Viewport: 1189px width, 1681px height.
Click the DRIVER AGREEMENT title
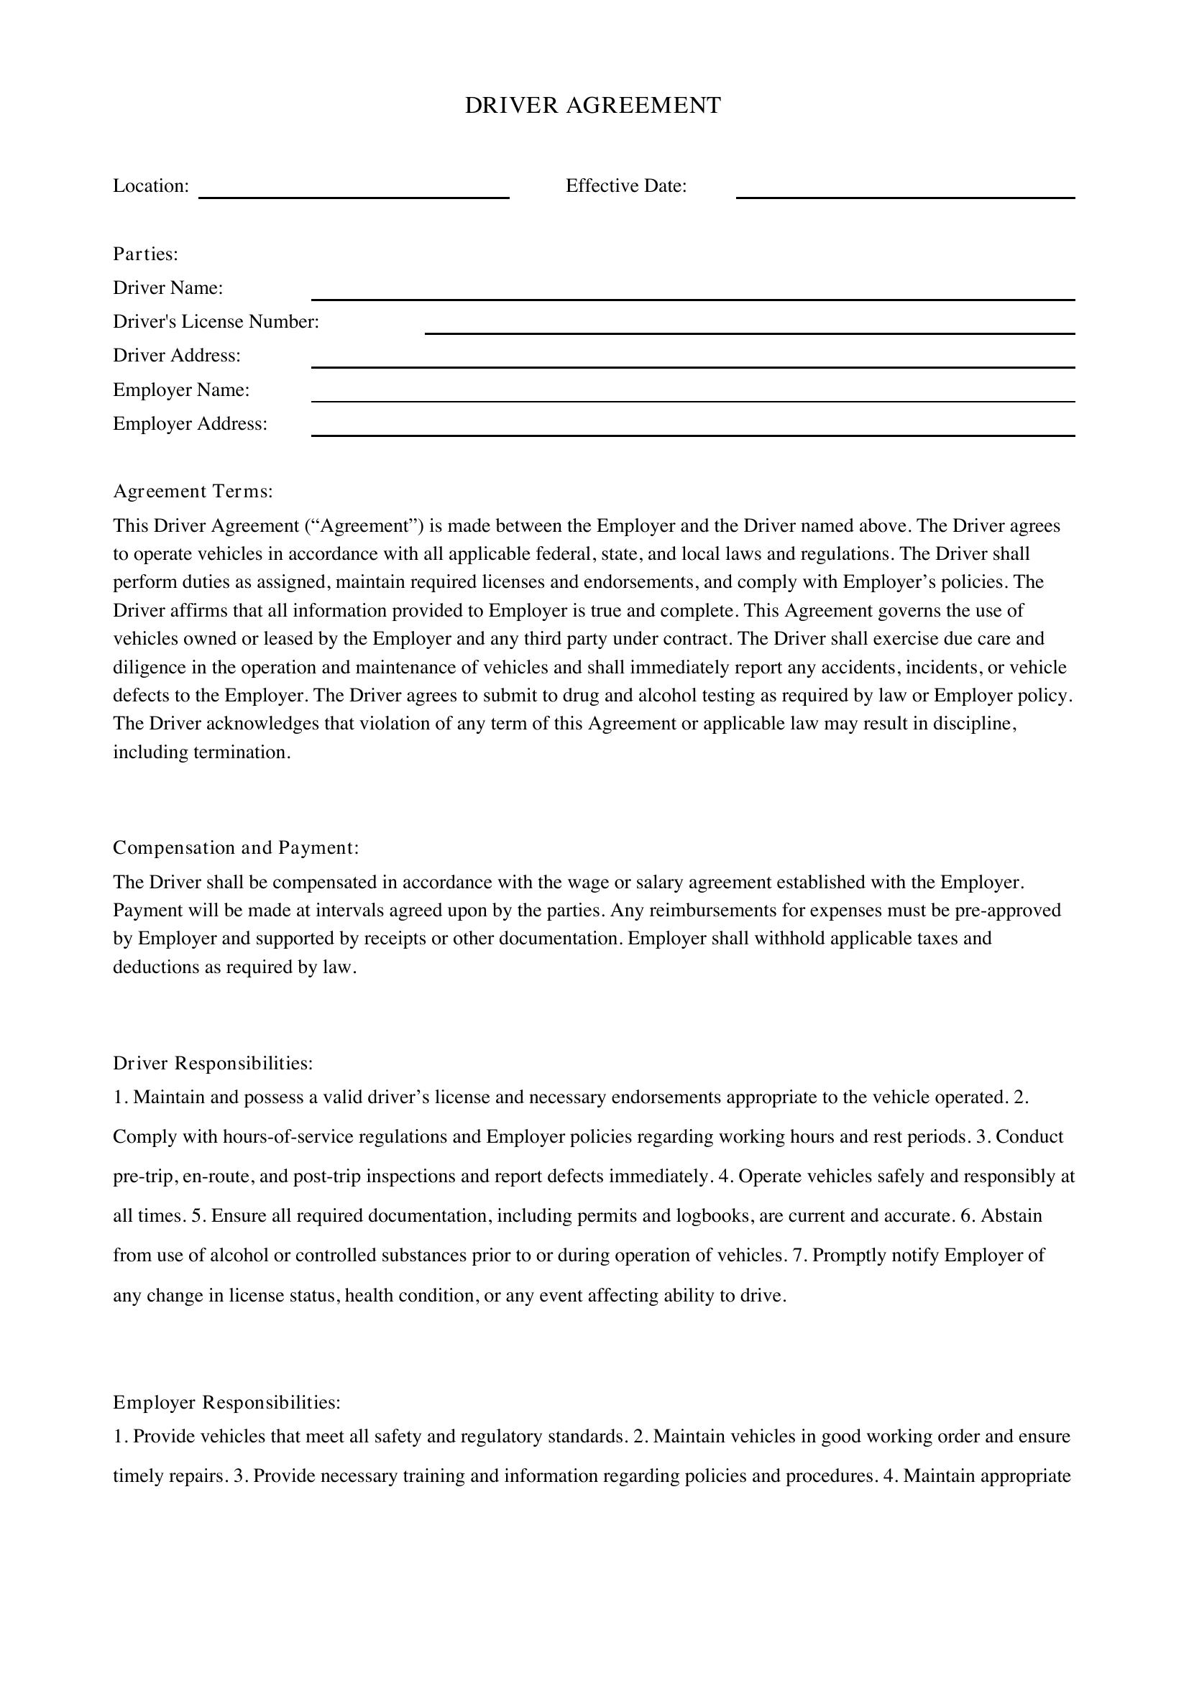[593, 106]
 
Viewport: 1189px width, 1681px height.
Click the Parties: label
[146, 254]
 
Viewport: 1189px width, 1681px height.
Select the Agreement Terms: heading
[193, 492]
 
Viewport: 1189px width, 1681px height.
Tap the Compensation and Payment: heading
[236, 848]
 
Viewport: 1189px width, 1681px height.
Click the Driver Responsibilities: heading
[213, 1063]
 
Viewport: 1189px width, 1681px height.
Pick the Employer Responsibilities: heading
[227, 1403]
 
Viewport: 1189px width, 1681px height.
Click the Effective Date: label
[626, 186]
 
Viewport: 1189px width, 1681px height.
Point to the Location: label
[151, 186]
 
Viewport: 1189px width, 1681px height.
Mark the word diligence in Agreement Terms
[150, 668]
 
